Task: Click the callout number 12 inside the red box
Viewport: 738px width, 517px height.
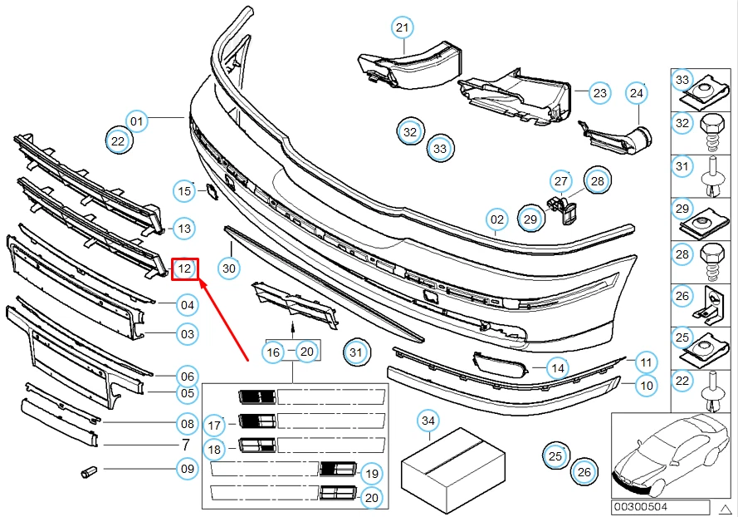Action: click(x=184, y=268)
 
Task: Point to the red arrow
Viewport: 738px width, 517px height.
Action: click(x=224, y=319)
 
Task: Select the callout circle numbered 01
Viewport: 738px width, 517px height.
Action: click(x=136, y=121)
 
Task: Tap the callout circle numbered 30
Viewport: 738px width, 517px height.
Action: click(x=229, y=268)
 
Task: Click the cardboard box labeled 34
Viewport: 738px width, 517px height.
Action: click(x=452, y=469)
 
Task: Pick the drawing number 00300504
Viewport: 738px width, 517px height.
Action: click(x=640, y=507)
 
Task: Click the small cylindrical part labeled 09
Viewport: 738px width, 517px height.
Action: click(x=89, y=471)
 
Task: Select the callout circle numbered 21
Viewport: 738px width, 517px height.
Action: click(x=403, y=27)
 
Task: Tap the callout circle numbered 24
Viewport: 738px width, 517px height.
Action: click(x=637, y=93)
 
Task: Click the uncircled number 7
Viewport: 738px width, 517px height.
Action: click(x=186, y=445)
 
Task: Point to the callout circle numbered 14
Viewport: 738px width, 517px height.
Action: click(x=558, y=367)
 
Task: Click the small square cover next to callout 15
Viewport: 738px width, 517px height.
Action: click(x=212, y=192)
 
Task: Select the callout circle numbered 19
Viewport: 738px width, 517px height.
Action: click(x=372, y=473)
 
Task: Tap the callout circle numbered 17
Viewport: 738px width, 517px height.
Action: click(x=214, y=425)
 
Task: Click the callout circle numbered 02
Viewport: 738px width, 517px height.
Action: click(x=497, y=219)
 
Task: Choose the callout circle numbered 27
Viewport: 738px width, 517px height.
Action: click(x=561, y=181)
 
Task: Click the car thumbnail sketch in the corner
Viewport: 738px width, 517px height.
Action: click(x=672, y=455)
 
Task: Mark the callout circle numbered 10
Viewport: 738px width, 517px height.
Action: click(x=646, y=386)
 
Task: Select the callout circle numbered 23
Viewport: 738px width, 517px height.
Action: click(x=599, y=93)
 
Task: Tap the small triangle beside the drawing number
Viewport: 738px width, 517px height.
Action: click(x=726, y=509)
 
